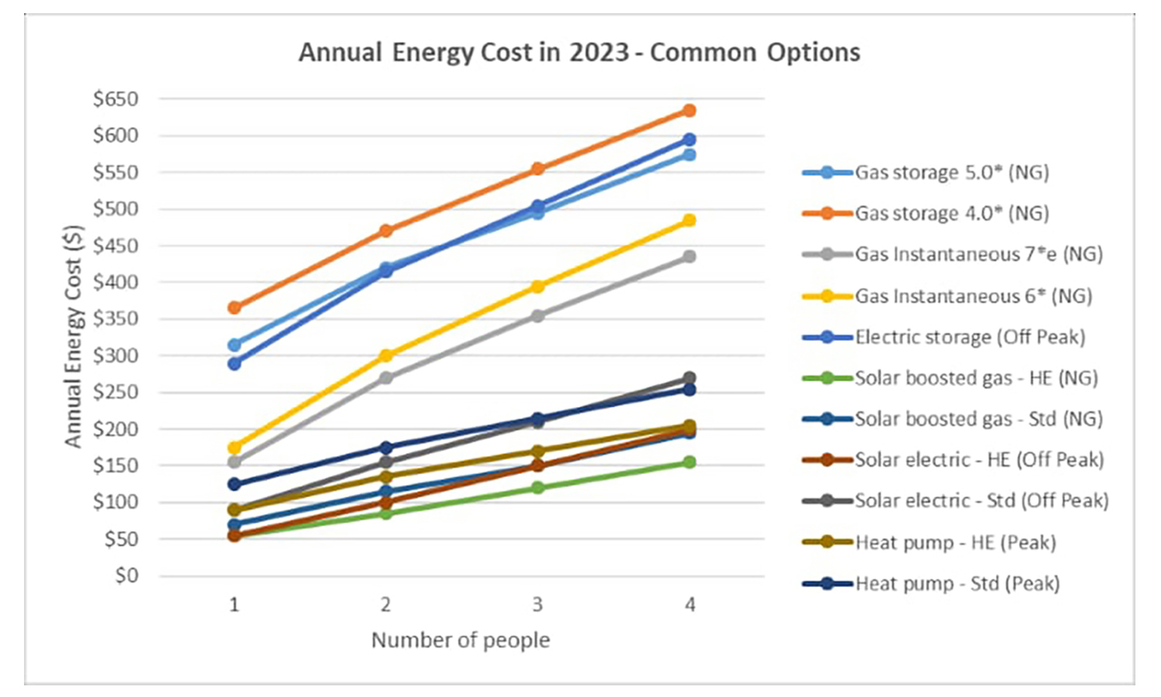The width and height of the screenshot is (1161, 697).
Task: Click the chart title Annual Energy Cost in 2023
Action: (579, 53)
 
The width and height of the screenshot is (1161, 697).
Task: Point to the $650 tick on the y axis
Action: (116, 99)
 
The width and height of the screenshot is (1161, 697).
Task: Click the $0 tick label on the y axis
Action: (126, 575)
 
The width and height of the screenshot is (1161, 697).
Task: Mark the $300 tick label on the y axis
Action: (116, 355)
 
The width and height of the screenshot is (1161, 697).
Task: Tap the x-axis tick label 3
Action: (537, 604)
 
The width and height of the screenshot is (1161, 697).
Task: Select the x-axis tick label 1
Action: (234, 604)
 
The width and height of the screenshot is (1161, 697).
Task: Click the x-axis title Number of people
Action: (461, 640)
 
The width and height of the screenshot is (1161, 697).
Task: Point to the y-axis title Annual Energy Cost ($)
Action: (73, 336)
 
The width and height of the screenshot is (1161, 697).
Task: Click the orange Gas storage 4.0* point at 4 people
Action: (689, 111)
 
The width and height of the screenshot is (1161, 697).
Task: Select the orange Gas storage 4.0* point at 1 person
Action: (234, 307)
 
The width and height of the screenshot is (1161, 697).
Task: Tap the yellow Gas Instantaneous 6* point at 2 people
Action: (385, 355)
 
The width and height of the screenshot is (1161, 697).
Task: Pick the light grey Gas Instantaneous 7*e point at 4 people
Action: (689, 256)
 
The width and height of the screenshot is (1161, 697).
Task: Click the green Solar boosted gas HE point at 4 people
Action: (689, 462)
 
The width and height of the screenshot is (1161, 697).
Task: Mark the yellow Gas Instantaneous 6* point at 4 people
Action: (689, 221)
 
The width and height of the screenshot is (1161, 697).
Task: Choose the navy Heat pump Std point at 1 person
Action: (234, 484)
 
